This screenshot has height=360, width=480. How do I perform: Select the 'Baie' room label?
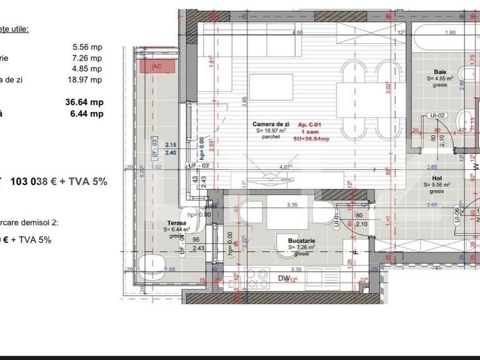[x=440, y=72]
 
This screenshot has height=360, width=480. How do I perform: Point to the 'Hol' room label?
[x=437, y=178]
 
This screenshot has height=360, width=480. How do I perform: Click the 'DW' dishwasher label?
[x=284, y=279]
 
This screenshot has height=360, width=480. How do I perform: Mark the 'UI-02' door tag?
[x=437, y=116]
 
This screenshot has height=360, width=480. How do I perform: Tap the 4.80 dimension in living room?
[x=297, y=32]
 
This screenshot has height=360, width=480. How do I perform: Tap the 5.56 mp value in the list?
[x=87, y=47]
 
